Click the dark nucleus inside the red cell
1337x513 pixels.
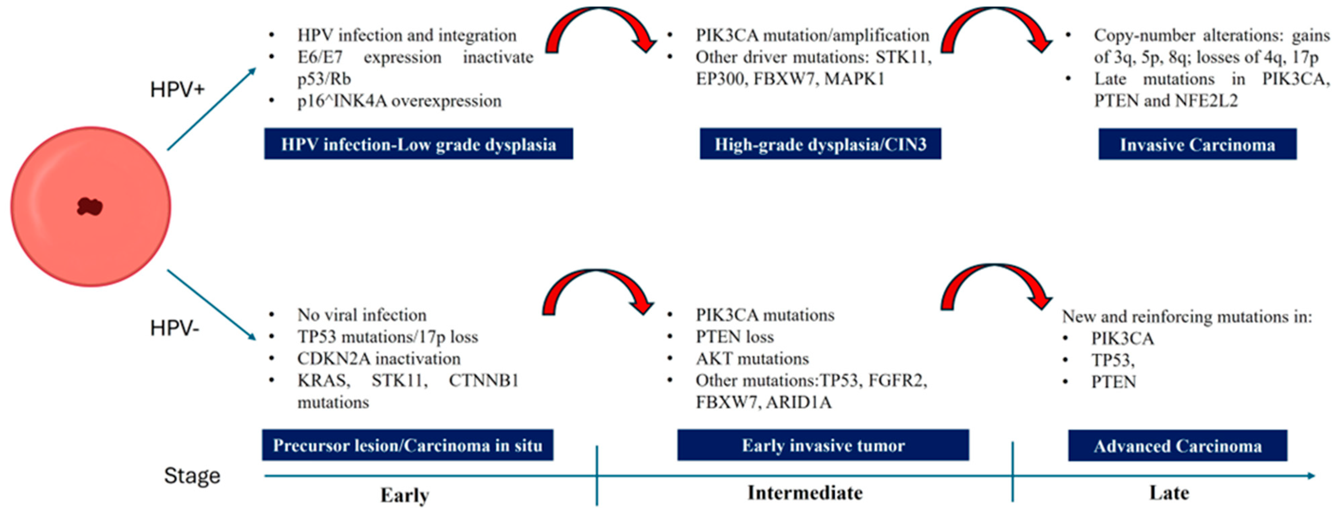(90, 206)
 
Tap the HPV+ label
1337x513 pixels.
(177, 90)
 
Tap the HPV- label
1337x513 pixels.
(174, 328)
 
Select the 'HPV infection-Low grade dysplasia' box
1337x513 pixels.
(418, 144)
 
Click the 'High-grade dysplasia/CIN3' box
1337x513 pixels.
(820, 144)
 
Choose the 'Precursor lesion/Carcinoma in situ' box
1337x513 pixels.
(407, 445)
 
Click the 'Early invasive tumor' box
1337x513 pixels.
(823, 445)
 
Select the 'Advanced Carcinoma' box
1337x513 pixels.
(1177, 446)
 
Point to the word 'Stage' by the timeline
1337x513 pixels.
(192, 476)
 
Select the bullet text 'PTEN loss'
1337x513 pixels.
(734, 337)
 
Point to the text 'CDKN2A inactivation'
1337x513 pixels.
(378, 358)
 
